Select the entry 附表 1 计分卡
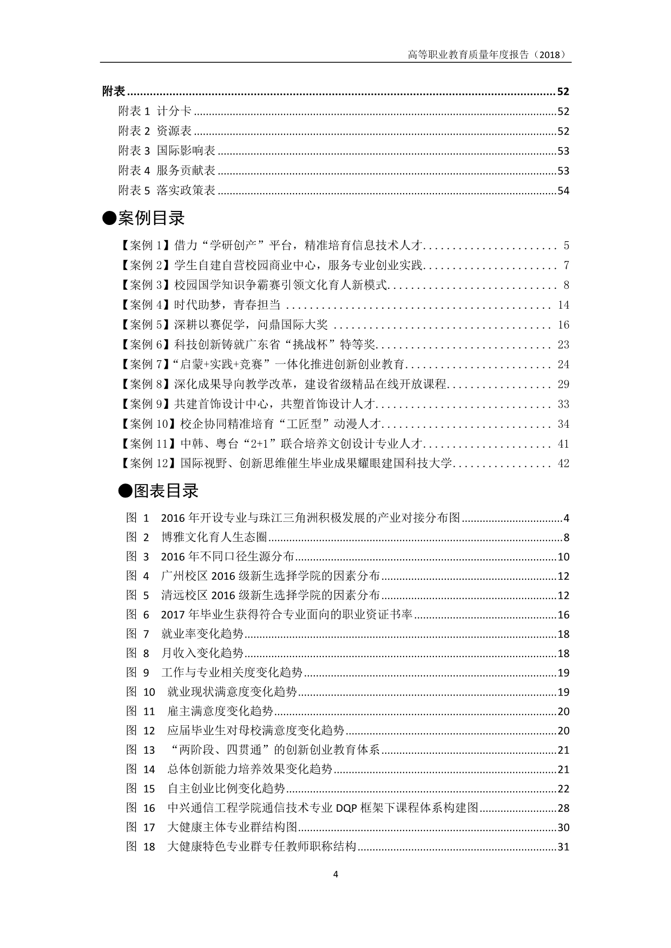pos(155,111)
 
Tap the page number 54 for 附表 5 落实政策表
pos(563,191)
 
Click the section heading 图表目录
pos(166,491)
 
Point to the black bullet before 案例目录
pos(109,218)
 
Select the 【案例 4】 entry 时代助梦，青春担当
pos(227,305)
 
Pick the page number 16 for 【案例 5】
pos(563,325)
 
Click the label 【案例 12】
pos(148,463)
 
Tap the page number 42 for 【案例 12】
pos(563,463)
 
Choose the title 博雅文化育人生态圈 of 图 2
pos(214,538)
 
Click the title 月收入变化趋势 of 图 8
pos(202,653)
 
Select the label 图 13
pos(141,750)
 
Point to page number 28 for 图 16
pos(563,808)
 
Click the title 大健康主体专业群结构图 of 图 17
pos(233,827)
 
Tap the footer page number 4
pos(335,874)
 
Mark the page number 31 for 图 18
pos(563,847)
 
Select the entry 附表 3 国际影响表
pos(167,151)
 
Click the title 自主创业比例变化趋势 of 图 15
pos(226,789)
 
